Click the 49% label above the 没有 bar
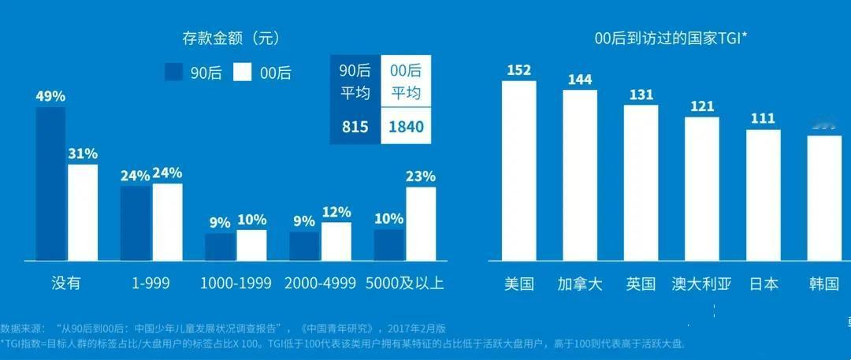click(x=50, y=96)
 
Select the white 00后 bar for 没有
click(x=83, y=212)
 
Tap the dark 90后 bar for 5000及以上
click(x=388, y=244)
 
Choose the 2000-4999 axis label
click(x=320, y=284)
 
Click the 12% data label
click(x=336, y=212)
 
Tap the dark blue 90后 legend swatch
click(x=174, y=72)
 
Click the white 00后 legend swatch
click(x=243, y=72)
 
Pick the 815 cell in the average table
click(x=355, y=127)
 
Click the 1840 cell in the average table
click(x=406, y=127)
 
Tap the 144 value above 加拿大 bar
click(x=579, y=80)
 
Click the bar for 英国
click(x=641, y=182)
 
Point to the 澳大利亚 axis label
click(x=701, y=284)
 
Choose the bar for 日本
click(x=763, y=195)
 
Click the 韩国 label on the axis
click(x=824, y=284)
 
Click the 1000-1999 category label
click(x=236, y=284)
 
